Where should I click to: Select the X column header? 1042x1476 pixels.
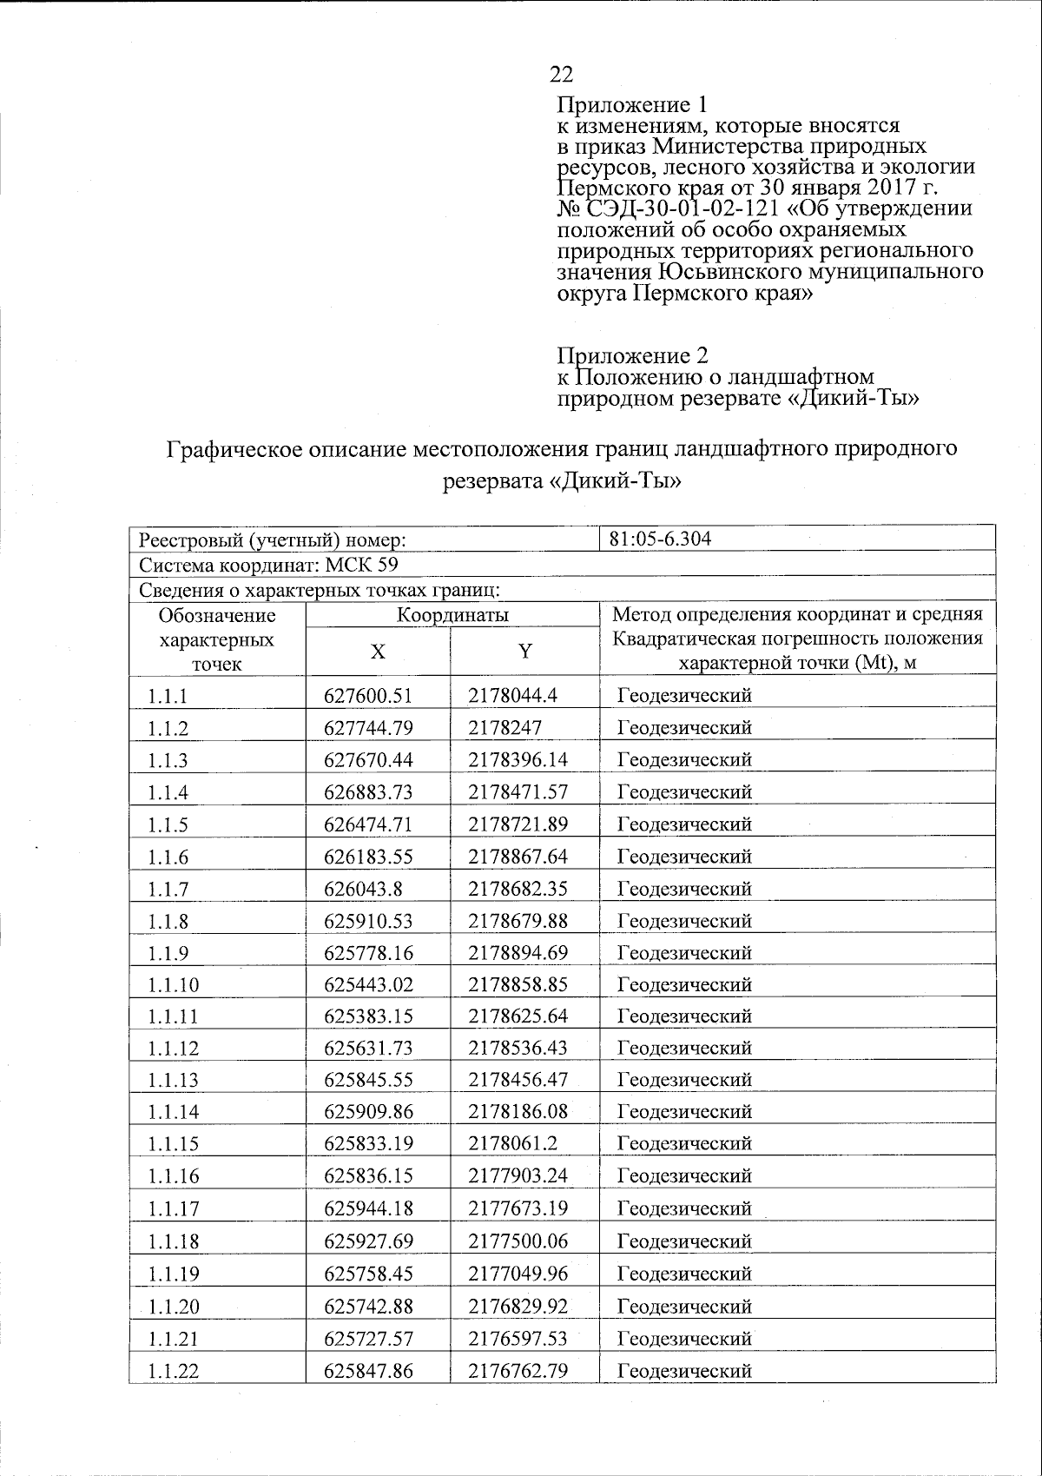(378, 652)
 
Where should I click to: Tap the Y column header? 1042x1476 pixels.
(524, 652)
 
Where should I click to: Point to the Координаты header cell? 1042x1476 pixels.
(452, 615)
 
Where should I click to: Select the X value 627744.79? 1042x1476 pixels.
(368, 728)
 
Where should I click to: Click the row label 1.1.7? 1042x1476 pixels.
(168, 890)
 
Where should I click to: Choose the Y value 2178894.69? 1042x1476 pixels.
(518, 953)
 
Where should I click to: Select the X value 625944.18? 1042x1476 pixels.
(368, 1208)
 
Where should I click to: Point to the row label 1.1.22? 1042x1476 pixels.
(173, 1372)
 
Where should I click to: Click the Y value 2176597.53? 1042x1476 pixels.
(518, 1339)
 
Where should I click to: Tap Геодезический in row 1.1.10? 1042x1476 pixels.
(684, 985)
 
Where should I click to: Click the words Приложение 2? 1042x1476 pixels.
(632, 356)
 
